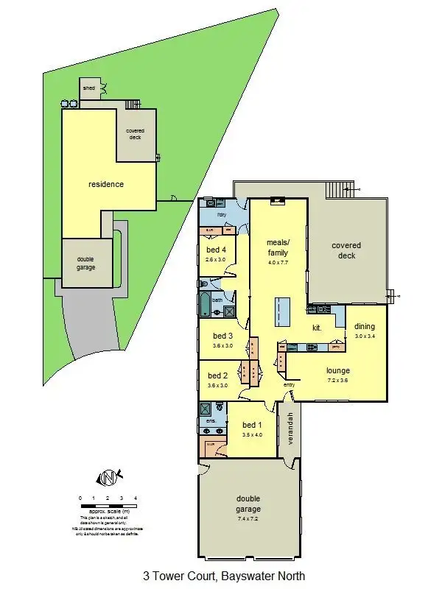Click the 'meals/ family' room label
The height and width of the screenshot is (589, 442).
pos(278,247)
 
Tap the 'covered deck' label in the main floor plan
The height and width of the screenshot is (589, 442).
pos(346,250)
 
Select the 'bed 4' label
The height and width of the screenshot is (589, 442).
pos(217,250)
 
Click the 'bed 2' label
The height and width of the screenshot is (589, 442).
pos(218,375)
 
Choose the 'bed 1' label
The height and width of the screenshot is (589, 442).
pos(252,426)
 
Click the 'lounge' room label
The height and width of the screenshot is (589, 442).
pos(339,371)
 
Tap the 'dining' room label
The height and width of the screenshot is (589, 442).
pos(364,327)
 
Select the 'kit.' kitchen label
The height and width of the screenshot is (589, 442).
pos(318,328)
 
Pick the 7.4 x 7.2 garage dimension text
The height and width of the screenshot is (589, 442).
pos(248,520)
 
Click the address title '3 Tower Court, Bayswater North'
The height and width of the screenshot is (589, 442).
pos(223,576)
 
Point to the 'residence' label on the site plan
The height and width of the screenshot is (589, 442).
pos(106,184)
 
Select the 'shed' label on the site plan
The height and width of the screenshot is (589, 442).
pos(89,88)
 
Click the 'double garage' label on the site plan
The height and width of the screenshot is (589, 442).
pos(86,263)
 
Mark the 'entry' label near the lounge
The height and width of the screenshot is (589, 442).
pos(290,384)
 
